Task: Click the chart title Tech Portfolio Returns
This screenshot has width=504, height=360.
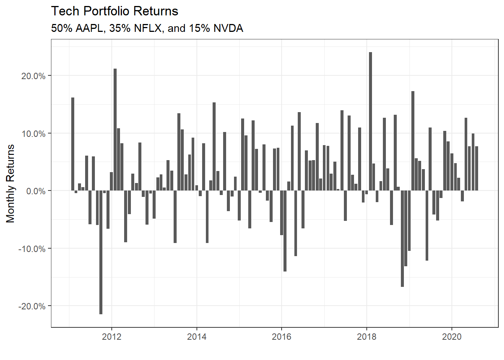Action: [114, 11]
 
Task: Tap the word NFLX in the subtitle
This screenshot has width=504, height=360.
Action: [148, 28]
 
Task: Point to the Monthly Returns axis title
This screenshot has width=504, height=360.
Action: [10, 183]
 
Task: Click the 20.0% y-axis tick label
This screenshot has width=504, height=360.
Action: [33, 76]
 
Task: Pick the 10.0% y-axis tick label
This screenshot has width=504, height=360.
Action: [33, 134]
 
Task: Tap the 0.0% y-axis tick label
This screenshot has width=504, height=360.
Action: [36, 191]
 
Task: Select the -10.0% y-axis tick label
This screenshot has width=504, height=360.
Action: [32, 249]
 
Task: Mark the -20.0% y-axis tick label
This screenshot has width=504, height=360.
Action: [32, 306]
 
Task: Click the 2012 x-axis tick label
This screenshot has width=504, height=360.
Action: [112, 336]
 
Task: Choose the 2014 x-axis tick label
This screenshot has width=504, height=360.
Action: [197, 336]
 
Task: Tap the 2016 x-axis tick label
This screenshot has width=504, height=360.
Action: [282, 336]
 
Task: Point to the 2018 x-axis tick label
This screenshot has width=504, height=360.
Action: [367, 336]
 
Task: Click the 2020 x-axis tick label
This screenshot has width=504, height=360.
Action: [452, 336]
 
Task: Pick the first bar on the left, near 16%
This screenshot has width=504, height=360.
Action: [73, 144]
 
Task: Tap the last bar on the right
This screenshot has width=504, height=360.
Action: [477, 168]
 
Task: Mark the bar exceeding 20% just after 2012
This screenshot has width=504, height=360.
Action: [115, 129]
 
